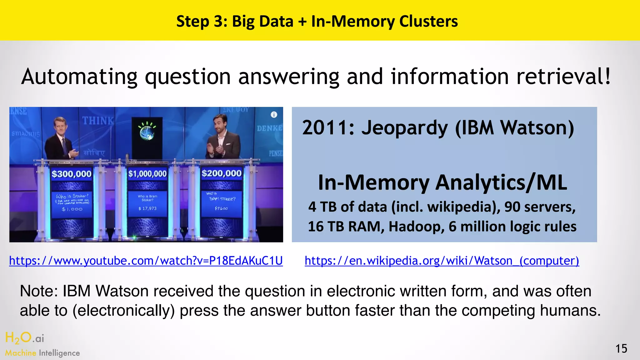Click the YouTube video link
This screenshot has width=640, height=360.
[146, 261]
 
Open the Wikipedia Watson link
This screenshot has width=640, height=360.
[442, 261]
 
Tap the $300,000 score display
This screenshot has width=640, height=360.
[72, 174]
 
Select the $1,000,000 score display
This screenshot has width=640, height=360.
[147, 174]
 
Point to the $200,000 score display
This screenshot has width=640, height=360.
[222, 173]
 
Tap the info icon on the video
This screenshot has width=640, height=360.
[274, 115]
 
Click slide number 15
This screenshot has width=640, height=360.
[621, 348]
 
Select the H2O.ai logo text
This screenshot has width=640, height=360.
[25, 338]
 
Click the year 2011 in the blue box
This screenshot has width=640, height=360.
[328, 128]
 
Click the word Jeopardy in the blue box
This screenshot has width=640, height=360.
[405, 128]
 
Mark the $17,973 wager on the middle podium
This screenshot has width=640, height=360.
[147, 208]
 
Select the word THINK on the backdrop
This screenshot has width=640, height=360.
[98, 120]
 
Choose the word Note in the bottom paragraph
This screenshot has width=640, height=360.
[39, 291]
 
